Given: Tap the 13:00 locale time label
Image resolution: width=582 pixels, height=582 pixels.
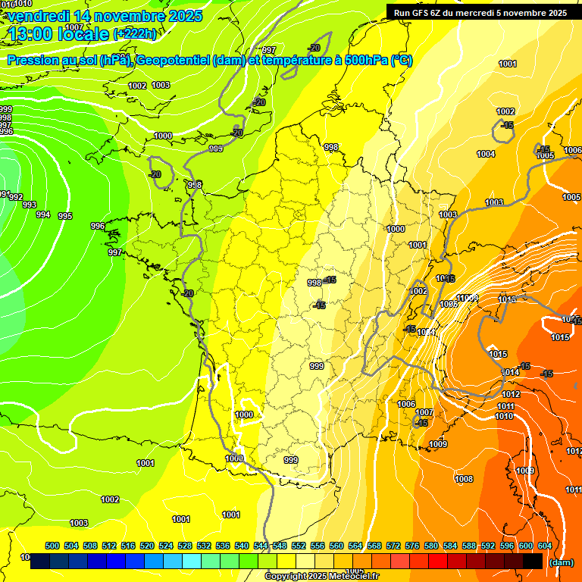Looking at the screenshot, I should pyautogui.click(x=58, y=33).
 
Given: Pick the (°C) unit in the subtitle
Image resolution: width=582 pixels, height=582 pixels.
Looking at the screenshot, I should pyautogui.click(x=401, y=61).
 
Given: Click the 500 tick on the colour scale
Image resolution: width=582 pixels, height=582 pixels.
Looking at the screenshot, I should pyautogui.click(x=52, y=546).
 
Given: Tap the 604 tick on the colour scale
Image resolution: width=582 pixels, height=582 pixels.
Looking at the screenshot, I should pyautogui.click(x=545, y=546).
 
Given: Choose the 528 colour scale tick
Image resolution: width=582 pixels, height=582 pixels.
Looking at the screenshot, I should pyautogui.click(x=185, y=546).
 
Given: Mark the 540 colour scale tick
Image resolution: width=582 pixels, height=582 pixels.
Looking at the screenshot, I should pyautogui.click(x=242, y=546).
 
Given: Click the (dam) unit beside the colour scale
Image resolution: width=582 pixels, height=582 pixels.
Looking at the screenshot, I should pyautogui.click(x=561, y=562).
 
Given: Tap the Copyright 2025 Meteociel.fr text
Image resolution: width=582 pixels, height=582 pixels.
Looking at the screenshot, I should pyautogui.click(x=321, y=577).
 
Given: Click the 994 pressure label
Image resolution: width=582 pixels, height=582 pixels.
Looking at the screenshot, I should pyautogui.click(x=43, y=214).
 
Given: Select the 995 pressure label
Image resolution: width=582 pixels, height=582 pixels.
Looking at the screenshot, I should pyautogui.click(x=65, y=216).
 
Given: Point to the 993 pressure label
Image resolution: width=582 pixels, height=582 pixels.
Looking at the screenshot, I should pyautogui.click(x=29, y=205).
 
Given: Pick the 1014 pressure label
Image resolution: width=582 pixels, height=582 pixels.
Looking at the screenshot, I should pyautogui.click(x=512, y=372).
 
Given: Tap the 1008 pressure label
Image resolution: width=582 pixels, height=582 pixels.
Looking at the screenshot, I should pyautogui.click(x=464, y=479).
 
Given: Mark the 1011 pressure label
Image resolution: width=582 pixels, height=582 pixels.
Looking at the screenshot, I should pyautogui.click(x=506, y=406).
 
